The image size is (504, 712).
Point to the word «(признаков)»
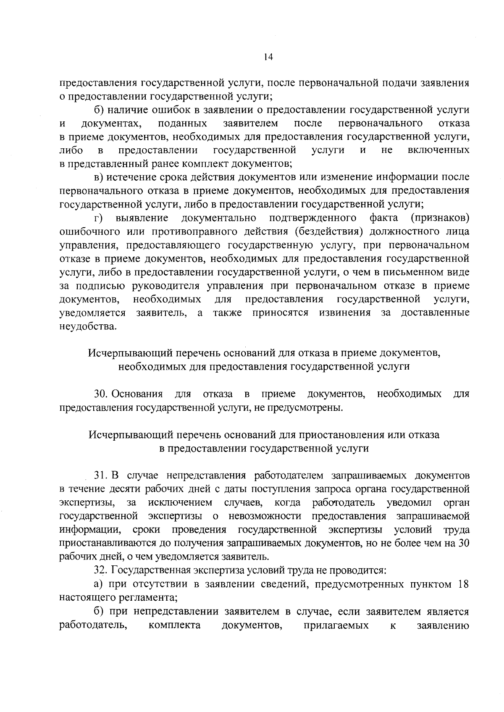pos(440,218)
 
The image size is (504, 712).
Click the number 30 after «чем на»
pos(464,543)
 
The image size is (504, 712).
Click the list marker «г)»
pos(98,218)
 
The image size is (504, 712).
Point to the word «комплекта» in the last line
pos(174,625)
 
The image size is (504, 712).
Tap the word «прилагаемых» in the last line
pos(336,625)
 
